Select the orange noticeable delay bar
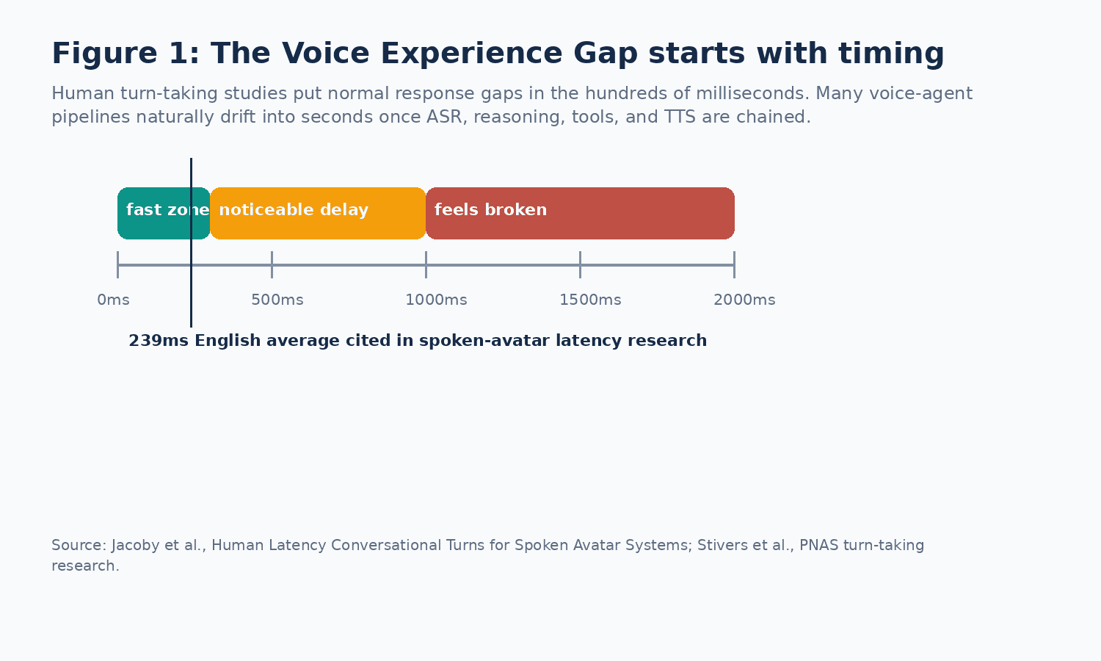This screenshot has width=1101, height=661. (x=318, y=214)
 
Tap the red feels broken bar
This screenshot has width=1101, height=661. (x=581, y=214)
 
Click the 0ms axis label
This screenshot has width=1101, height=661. (x=114, y=300)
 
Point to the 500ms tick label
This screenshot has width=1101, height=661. (x=277, y=300)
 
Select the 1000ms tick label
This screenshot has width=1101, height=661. (x=437, y=300)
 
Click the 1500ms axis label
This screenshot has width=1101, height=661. (x=590, y=300)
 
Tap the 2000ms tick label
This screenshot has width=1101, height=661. (x=745, y=300)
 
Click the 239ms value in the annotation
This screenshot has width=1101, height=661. (x=159, y=340)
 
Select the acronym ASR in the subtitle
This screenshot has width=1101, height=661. (x=447, y=117)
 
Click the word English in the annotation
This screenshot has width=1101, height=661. (x=228, y=341)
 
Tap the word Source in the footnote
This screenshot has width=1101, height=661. (x=79, y=546)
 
